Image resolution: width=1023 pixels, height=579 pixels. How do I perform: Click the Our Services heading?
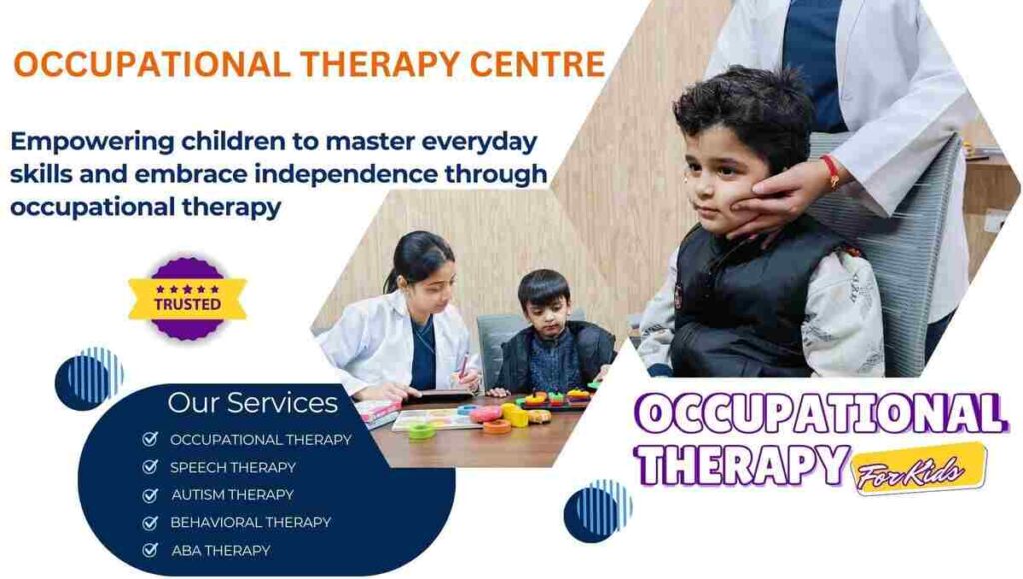pos(252,403)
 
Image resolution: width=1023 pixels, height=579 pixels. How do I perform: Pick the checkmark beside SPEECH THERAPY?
pos(150,467)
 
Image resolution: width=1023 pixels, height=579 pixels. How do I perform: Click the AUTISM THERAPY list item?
pos(232,494)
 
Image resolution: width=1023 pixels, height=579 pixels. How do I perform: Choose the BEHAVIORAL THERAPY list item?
pos(250,522)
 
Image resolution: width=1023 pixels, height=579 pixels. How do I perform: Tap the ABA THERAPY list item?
pos(220,550)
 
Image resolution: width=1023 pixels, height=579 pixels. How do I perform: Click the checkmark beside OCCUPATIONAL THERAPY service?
pos(150,439)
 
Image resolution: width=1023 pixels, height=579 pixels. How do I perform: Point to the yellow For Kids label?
pos(920,469)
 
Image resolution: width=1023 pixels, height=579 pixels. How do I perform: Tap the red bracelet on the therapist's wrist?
pos(830,170)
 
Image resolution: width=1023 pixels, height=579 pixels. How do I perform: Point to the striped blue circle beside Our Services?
pos(89,378)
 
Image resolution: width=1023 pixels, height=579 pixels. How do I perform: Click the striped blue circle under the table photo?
pos(597,510)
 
